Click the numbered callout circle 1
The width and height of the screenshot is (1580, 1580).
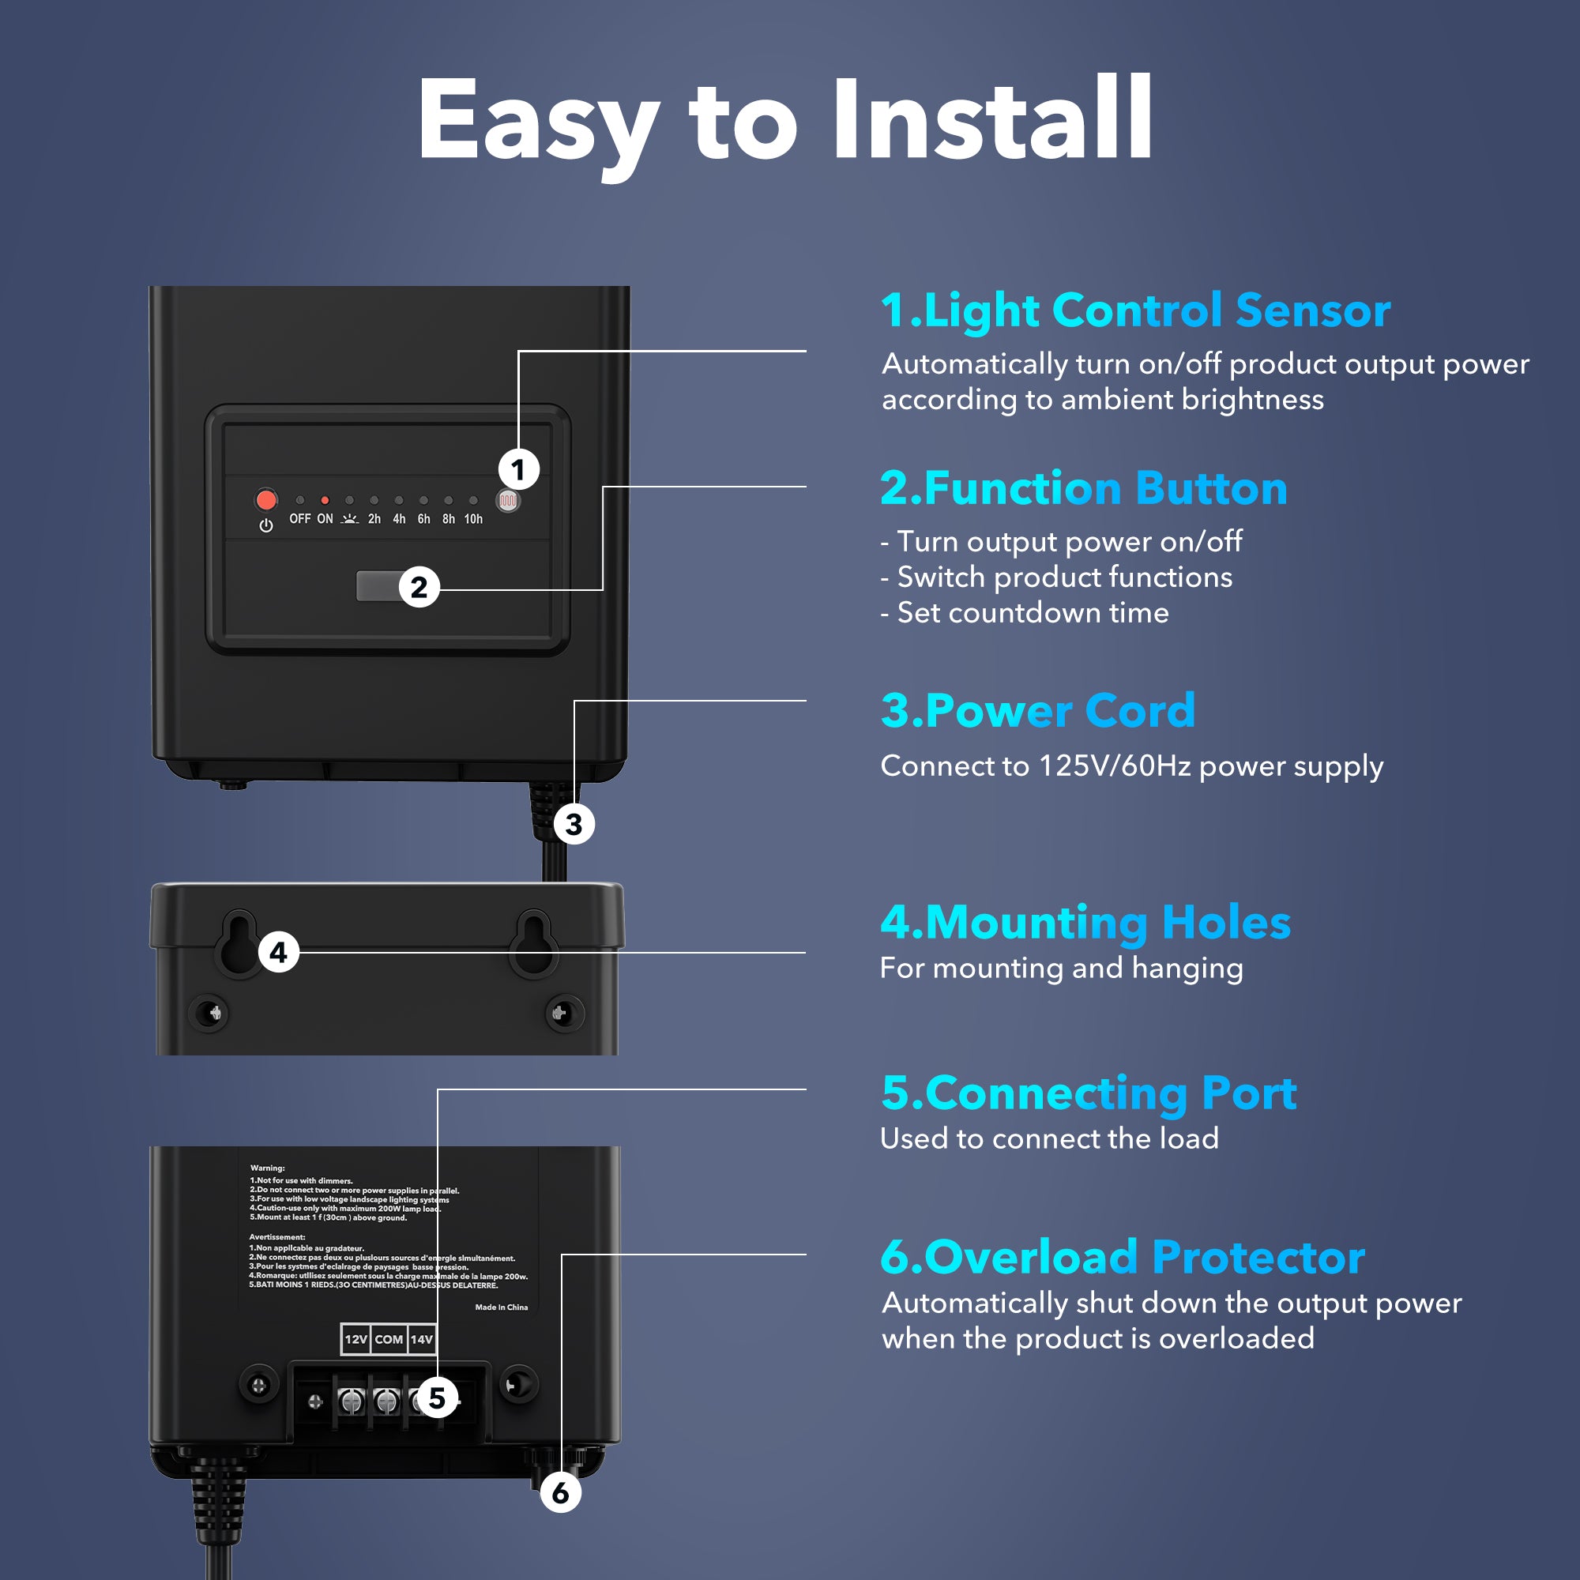coord(517,469)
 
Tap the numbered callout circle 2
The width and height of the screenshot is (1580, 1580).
coord(419,587)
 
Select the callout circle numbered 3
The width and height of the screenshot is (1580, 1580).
coord(574,824)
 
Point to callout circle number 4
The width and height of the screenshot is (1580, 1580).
coord(278,953)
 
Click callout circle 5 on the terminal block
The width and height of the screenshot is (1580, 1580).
coord(437,1398)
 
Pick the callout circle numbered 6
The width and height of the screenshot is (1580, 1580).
coord(560,1492)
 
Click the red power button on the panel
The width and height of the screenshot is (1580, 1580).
coord(265,498)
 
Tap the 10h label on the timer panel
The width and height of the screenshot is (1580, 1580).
coord(472,519)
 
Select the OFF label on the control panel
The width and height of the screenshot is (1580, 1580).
coord(299,519)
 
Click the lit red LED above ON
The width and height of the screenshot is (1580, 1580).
coord(325,500)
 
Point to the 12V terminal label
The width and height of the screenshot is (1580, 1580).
coord(355,1340)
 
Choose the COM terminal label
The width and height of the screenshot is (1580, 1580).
coord(389,1340)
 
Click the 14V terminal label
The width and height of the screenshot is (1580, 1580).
coord(421,1340)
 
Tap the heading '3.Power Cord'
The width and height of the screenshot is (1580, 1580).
coord(1037,710)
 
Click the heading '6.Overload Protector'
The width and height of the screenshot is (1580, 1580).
coord(1122,1257)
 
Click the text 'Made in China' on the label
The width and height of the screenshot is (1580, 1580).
coord(501,1307)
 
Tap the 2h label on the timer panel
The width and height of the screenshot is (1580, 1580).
coord(374,519)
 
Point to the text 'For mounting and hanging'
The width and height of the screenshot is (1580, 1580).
coord(1061,969)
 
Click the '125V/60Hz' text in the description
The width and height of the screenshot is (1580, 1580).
coord(1114,766)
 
